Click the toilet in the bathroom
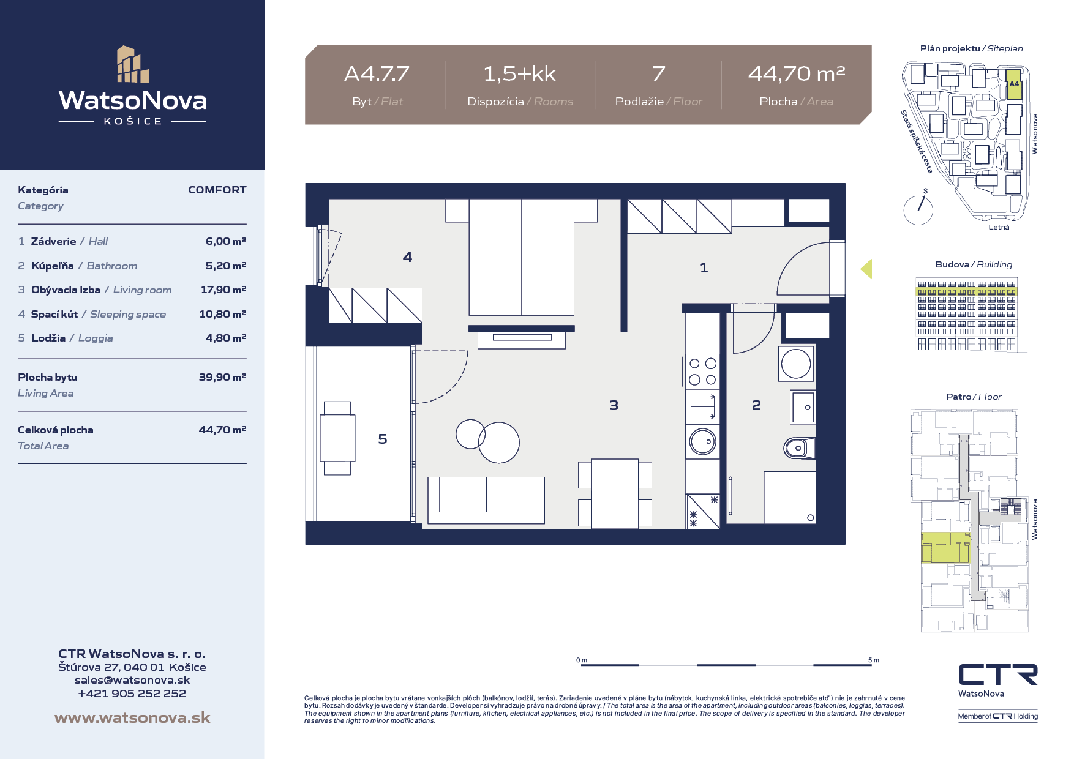799,448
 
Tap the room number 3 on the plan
614,405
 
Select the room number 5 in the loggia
383,439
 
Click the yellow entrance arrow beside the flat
866,269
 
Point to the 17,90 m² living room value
223,290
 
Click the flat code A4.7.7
377,74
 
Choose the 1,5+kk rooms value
519,74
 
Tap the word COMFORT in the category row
217,190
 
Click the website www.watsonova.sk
132,717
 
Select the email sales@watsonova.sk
132,680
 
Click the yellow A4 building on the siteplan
1014,84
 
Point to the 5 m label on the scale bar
874,660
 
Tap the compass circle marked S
918,210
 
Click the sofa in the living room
486,500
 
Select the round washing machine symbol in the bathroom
796,364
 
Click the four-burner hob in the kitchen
702,372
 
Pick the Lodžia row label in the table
48,338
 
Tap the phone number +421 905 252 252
132,694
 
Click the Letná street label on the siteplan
999,227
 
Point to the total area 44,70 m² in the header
797,74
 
